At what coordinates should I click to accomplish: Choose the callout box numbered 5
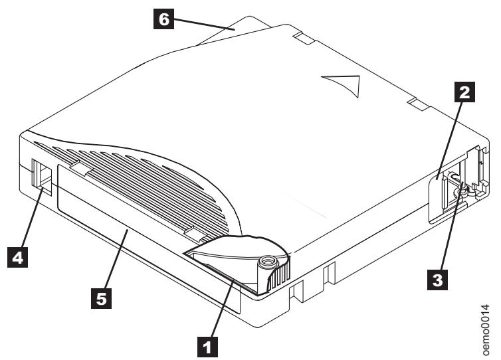click(x=104, y=299)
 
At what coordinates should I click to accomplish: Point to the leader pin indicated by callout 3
click(x=457, y=192)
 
